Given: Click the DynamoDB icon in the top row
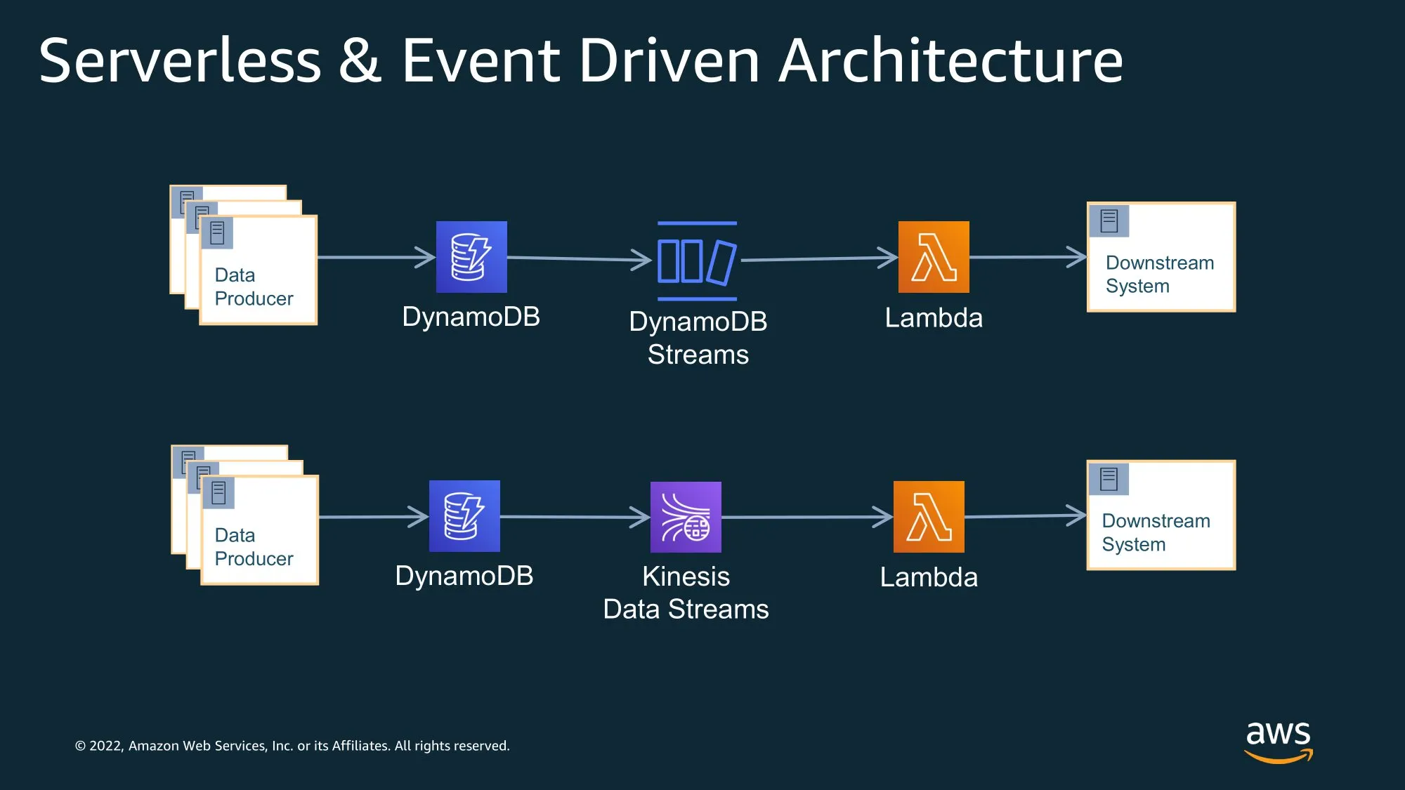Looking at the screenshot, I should [x=471, y=257].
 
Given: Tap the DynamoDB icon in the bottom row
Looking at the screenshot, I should [x=464, y=516].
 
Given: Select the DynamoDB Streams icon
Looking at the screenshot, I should [x=697, y=261].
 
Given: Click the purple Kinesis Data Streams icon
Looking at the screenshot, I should [x=686, y=517].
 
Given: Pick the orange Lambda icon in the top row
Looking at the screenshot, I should [x=934, y=257].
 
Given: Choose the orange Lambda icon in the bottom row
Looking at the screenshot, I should [x=929, y=517].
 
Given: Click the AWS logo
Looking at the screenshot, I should [x=1278, y=742].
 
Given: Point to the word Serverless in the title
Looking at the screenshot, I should [x=180, y=61].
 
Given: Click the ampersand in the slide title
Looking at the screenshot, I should [x=360, y=61].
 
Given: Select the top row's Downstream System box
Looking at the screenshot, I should [x=1161, y=257].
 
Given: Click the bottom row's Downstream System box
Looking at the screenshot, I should [x=1161, y=515].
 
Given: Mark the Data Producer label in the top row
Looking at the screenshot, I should [x=254, y=287].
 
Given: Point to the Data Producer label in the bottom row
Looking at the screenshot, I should [x=254, y=546].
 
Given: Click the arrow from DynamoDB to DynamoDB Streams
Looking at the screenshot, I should [x=579, y=259].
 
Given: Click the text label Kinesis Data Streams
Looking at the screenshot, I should [x=686, y=593].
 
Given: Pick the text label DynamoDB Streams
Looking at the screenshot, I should [x=698, y=338].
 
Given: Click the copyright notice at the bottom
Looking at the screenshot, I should [x=292, y=746].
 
